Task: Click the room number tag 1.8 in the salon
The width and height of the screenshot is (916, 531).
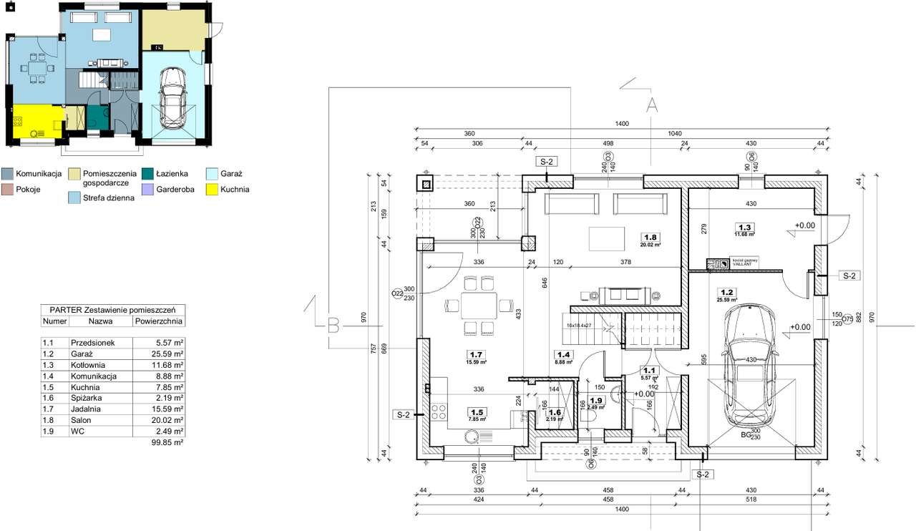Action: [651, 237]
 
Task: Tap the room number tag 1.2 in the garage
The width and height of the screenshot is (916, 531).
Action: [727, 292]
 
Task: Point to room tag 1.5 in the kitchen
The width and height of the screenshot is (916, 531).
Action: [476, 411]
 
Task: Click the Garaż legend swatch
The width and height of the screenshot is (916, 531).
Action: [211, 173]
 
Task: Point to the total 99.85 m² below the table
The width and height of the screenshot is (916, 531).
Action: [169, 443]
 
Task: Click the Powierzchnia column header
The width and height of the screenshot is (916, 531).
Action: [159, 322]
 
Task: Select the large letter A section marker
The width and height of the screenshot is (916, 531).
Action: [651, 105]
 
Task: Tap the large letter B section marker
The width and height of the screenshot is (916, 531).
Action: [333, 328]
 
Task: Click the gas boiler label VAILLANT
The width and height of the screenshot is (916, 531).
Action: [743, 263]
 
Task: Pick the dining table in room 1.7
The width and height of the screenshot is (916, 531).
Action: [477, 305]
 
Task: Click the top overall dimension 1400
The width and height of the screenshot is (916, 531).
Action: [620, 125]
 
